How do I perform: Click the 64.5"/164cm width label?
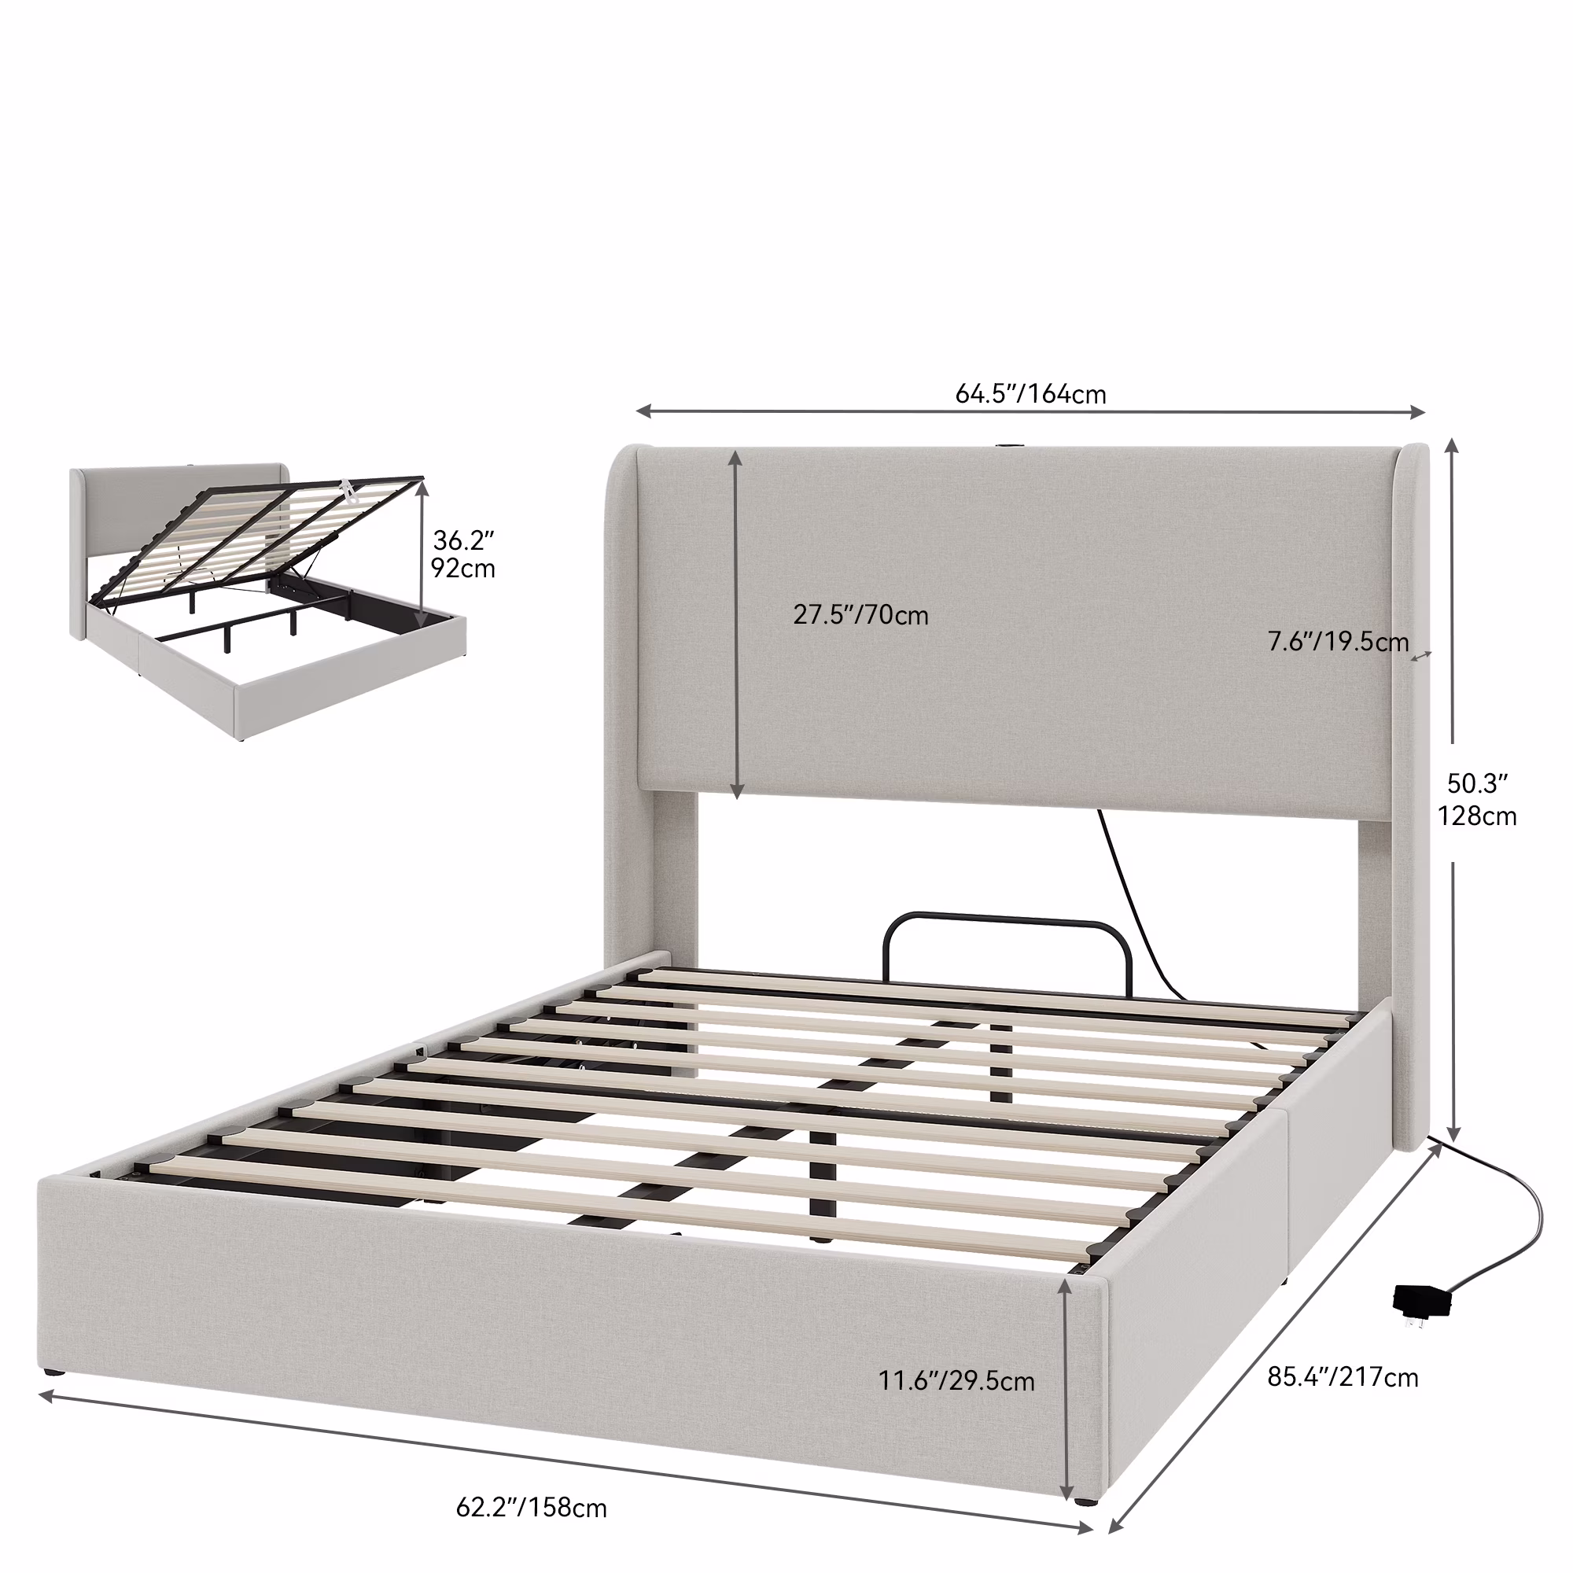point(1030,394)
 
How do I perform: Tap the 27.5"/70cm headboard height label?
point(860,615)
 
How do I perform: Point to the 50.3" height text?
point(1477,783)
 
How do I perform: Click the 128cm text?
point(1477,816)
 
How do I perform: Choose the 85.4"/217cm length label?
point(1343,1377)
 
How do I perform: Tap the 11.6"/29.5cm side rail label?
point(956,1381)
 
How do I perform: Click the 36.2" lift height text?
point(463,540)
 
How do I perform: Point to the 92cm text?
point(462,569)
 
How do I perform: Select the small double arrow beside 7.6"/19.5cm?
point(1420,655)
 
